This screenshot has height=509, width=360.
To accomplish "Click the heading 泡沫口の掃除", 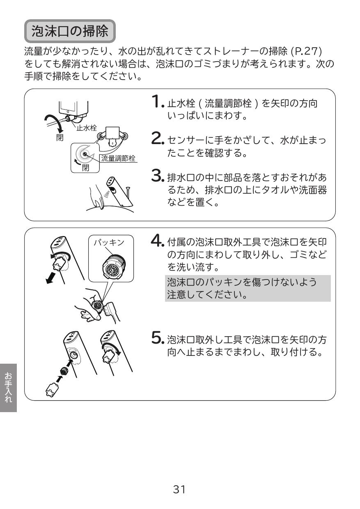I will (x=71, y=31).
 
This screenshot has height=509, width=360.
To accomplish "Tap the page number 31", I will (x=179, y=489).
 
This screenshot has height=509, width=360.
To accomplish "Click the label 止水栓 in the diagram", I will (x=87, y=128).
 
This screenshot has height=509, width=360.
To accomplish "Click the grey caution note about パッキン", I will (x=248, y=288).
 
